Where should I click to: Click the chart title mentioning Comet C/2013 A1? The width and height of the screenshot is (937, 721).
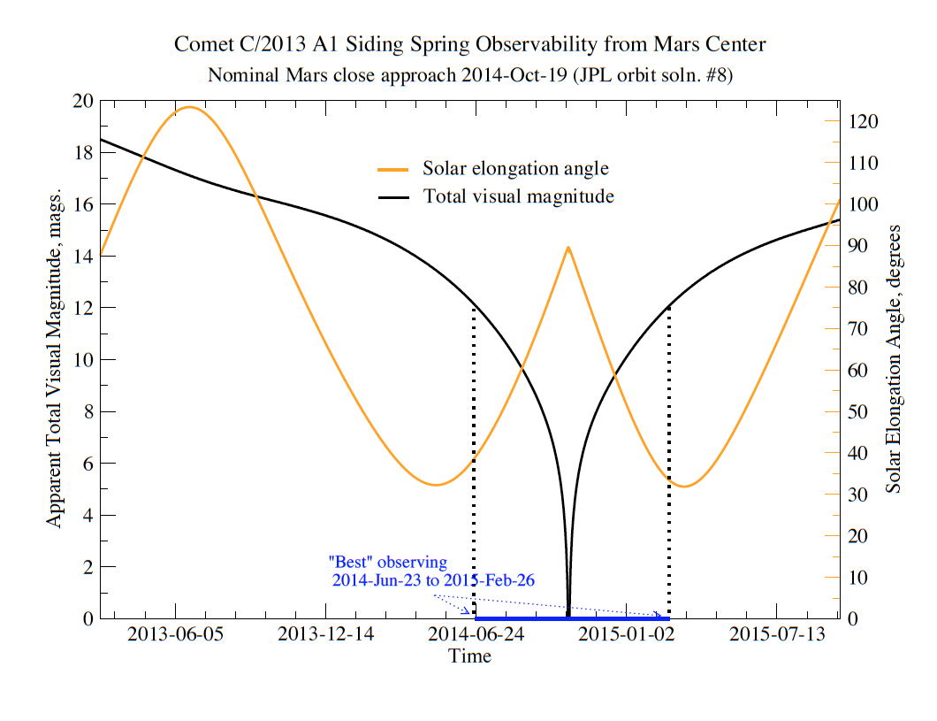click(x=469, y=44)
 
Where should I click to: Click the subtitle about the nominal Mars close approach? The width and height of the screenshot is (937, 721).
click(x=469, y=75)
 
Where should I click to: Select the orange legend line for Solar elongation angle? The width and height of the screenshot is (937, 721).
click(x=393, y=170)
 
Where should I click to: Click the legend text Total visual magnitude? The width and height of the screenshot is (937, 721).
click(x=519, y=196)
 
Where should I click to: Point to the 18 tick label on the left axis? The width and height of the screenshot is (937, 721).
click(x=83, y=152)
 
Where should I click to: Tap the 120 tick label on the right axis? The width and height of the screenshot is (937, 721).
click(x=864, y=121)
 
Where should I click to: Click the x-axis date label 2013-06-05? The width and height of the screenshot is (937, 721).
click(x=175, y=633)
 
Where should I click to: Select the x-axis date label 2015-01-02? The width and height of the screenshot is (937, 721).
click(x=626, y=633)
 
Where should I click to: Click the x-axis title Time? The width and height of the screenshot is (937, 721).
click(x=469, y=656)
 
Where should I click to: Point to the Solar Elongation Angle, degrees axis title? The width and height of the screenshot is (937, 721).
click(x=893, y=359)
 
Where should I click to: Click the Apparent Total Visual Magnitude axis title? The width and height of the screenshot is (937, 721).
click(x=54, y=359)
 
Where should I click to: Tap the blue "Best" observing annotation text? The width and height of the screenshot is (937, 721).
click(x=388, y=562)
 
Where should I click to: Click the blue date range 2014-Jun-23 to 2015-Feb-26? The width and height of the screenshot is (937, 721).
click(x=433, y=580)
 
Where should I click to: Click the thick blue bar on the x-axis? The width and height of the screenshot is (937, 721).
click(x=572, y=618)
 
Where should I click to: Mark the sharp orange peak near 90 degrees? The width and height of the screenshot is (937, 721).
click(x=568, y=247)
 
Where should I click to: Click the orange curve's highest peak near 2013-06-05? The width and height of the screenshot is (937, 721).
click(x=190, y=107)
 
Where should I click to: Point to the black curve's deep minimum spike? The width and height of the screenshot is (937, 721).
click(x=568, y=613)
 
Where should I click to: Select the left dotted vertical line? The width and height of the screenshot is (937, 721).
click(x=474, y=462)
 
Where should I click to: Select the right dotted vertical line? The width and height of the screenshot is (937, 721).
click(x=668, y=462)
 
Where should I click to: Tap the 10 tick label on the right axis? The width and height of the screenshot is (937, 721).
click(x=858, y=578)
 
